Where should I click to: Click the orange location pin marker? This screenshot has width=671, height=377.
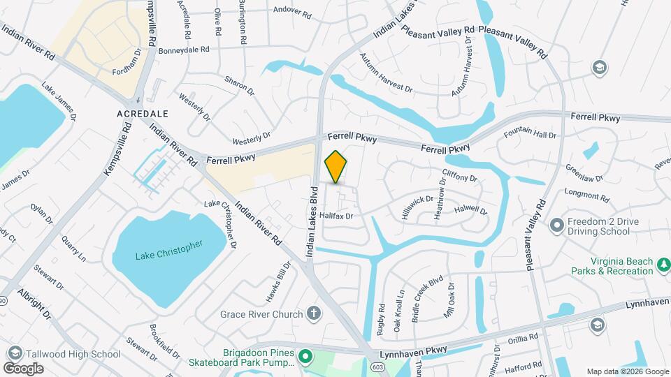click(336, 167)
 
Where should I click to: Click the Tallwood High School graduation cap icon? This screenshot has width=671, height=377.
click(14, 353)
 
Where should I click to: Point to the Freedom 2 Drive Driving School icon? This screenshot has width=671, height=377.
click(556, 226)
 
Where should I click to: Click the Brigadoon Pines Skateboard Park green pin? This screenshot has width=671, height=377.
click(305, 357)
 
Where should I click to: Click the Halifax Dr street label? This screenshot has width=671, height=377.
click(337, 216)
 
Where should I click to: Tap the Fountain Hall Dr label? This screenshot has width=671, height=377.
click(531, 134)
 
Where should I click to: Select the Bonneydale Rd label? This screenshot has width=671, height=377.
click(184, 50)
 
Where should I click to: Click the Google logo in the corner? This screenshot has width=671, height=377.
click(23, 368)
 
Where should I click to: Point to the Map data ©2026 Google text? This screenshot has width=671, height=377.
click(627, 371)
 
